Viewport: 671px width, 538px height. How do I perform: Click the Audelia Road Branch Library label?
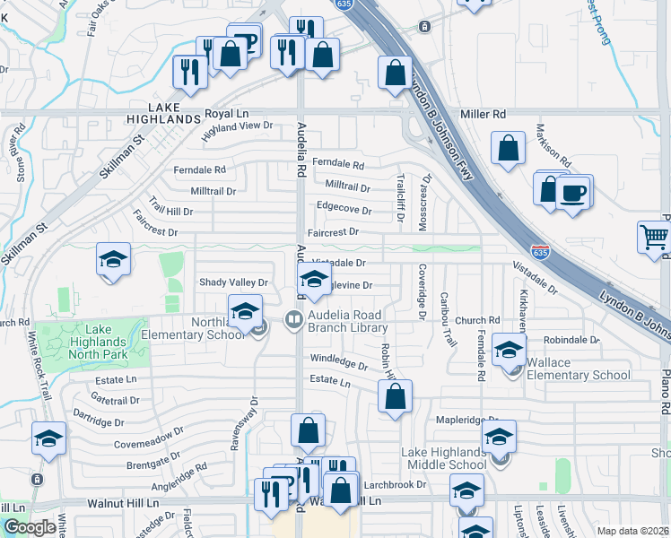[x=345, y=321]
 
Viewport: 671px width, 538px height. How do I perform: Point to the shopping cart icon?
[x=655, y=237]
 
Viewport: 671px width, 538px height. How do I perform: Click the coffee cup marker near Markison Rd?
[x=573, y=192]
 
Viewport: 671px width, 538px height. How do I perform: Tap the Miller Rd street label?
[x=484, y=115]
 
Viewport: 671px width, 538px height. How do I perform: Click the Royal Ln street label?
[x=226, y=114]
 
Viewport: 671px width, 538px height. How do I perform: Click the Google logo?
[x=30, y=526]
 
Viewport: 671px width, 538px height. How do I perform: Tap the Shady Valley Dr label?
[x=233, y=282]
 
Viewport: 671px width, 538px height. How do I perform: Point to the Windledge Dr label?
[x=339, y=365]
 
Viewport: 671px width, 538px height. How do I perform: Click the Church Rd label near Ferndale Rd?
[x=476, y=320]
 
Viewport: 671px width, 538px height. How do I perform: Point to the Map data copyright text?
[x=632, y=531]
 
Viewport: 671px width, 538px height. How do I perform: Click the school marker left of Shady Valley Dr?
[x=114, y=260]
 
